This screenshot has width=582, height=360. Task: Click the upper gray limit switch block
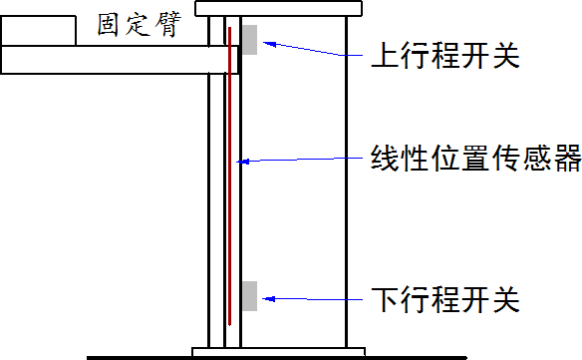point(249,39)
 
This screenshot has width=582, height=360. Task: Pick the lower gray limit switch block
point(249,296)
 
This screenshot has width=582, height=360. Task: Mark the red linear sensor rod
point(230,180)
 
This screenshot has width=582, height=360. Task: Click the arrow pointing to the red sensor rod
point(299,159)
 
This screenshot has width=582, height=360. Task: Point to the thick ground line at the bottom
point(149,357)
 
